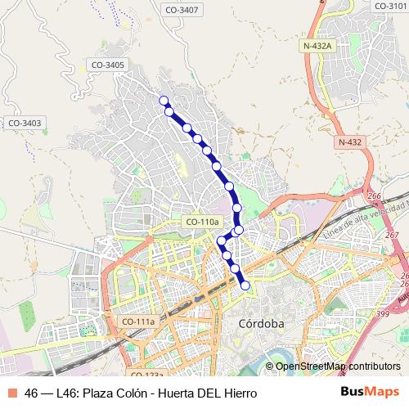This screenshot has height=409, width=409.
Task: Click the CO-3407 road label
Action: point(204,10)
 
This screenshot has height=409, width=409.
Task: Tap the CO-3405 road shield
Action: point(108,65)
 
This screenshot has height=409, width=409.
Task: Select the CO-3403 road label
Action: point(25,123)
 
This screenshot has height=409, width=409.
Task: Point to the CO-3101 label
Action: point(390,6)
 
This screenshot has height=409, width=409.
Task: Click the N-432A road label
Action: point(317,47)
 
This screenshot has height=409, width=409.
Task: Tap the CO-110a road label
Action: point(202,222)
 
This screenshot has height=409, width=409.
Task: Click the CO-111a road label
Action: point(137,321)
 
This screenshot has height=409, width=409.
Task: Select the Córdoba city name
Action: point(260,324)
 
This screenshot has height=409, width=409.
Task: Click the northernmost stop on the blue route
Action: point(164,101)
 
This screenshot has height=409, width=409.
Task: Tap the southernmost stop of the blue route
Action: point(245,285)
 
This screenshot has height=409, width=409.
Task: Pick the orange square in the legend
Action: point(11,393)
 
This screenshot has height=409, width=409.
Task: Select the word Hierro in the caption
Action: point(240,393)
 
